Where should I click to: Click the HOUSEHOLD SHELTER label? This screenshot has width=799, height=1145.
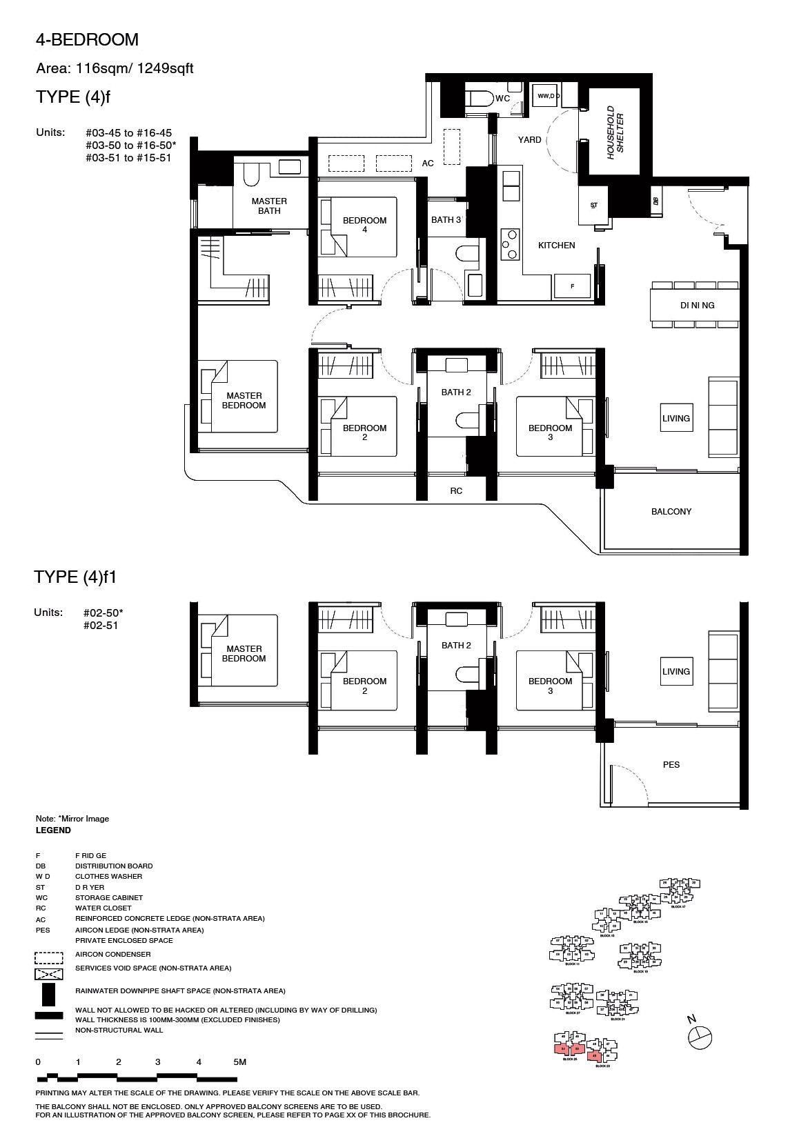(615, 133)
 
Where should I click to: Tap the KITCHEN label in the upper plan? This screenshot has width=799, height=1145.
(556, 245)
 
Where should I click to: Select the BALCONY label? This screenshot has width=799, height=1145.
(671, 511)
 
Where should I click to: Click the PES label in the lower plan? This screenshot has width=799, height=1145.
(671, 764)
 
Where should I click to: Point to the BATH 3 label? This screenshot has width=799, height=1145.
(446, 220)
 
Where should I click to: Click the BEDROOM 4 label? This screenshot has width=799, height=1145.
(364, 225)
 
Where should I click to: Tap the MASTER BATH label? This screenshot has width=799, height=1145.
(269, 206)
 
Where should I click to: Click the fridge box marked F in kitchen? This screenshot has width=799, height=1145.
(572, 286)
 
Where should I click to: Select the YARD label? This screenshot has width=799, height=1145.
(529, 139)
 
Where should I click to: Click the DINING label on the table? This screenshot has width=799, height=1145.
(697, 305)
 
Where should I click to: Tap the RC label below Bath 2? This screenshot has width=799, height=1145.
(456, 491)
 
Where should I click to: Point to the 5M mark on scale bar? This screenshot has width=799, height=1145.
(239, 1062)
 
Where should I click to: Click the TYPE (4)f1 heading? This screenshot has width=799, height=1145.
(76, 577)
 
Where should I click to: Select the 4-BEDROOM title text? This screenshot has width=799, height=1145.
(87, 40)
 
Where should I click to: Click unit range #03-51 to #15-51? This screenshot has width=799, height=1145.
(128, 157)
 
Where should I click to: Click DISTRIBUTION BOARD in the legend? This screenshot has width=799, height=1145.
(114, 866)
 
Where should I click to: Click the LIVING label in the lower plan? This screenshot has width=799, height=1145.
(675, 671)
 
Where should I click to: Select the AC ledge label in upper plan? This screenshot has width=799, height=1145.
(427, 163)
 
